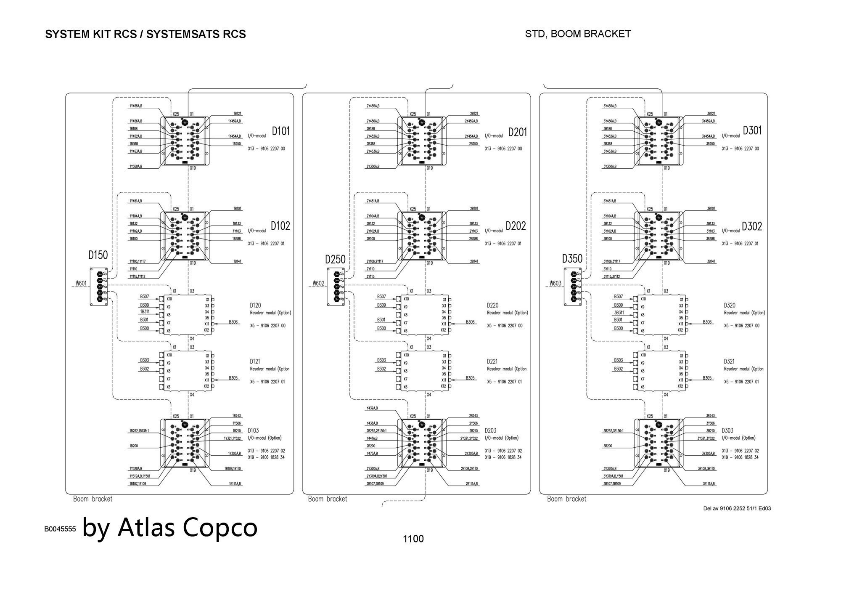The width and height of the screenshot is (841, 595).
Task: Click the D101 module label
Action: pyautogui.click(x=280, y=131)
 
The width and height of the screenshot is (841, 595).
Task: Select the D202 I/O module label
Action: pyautogui.click(x=516, y=226)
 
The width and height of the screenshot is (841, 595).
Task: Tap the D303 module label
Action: pyautogui.click(x=727, y=430)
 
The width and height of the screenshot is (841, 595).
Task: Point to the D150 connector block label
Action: pyautogui.click(x=98, y=255)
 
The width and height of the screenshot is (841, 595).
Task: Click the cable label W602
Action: pyautogui.click(x=318, y=283)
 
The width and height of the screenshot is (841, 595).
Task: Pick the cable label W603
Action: pyautogui.click(x=555, y=283)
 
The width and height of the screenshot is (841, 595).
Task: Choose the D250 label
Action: pyautogui.click(x=335, y=259)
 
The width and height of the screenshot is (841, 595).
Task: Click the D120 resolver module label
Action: pyautogui.click(x=255, y=305)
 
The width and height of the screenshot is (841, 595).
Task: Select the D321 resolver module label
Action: pyautogui.click(x=729, y=361)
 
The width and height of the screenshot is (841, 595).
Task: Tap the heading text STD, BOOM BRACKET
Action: pyautogui.click(x=578, y=34)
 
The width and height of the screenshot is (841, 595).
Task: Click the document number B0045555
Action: pyautogui.click(x=60, y=529)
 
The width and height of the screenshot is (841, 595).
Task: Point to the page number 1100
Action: pyautogui.click(x=413, y=539)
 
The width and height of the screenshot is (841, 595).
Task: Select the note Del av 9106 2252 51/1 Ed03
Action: pyautogui.click(x=737, y=508)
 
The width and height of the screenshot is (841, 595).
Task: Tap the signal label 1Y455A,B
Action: pyautogui.click(x=136, y=106)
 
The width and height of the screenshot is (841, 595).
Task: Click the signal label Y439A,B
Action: pyautogui.click(x=372, y=408)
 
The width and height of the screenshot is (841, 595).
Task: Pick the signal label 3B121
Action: pyautogui.click(x=711, y=114)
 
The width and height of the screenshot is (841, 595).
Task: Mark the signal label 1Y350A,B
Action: pyautogui.click(x=136, y=167)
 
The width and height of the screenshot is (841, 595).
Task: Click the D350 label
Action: pyautogui.click(x=572, y=259)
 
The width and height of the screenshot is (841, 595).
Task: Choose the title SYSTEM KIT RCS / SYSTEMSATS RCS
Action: pyautogui.click(x=145, y=34)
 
